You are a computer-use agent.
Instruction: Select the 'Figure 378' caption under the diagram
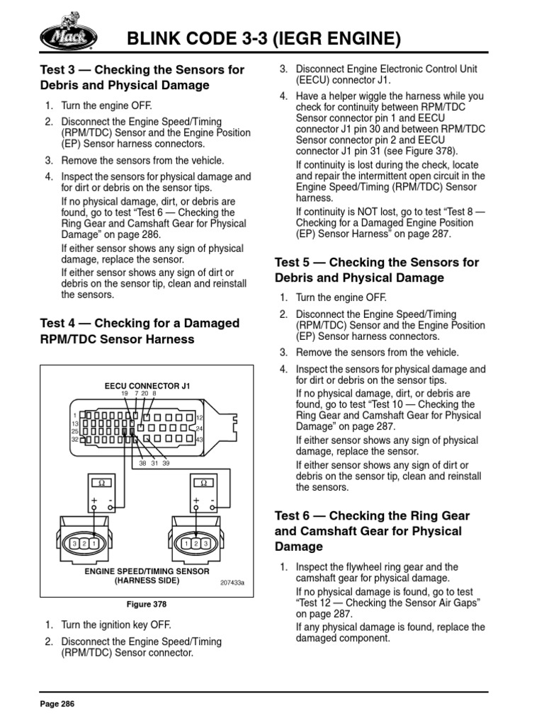[x=147, y=605]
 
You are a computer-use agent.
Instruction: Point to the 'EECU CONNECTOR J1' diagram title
[x=147, y=386]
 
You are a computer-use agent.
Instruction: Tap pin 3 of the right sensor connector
[x=206, y=543]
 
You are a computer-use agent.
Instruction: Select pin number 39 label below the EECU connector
[x=166, y=464]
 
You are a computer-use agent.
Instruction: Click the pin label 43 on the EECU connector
[x=199, y=440]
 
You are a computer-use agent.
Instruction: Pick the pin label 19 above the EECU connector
[x=125, y=394]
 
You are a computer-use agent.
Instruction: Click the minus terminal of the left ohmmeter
[x=110, y=500]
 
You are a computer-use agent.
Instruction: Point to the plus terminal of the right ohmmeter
[x=196, y=500]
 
